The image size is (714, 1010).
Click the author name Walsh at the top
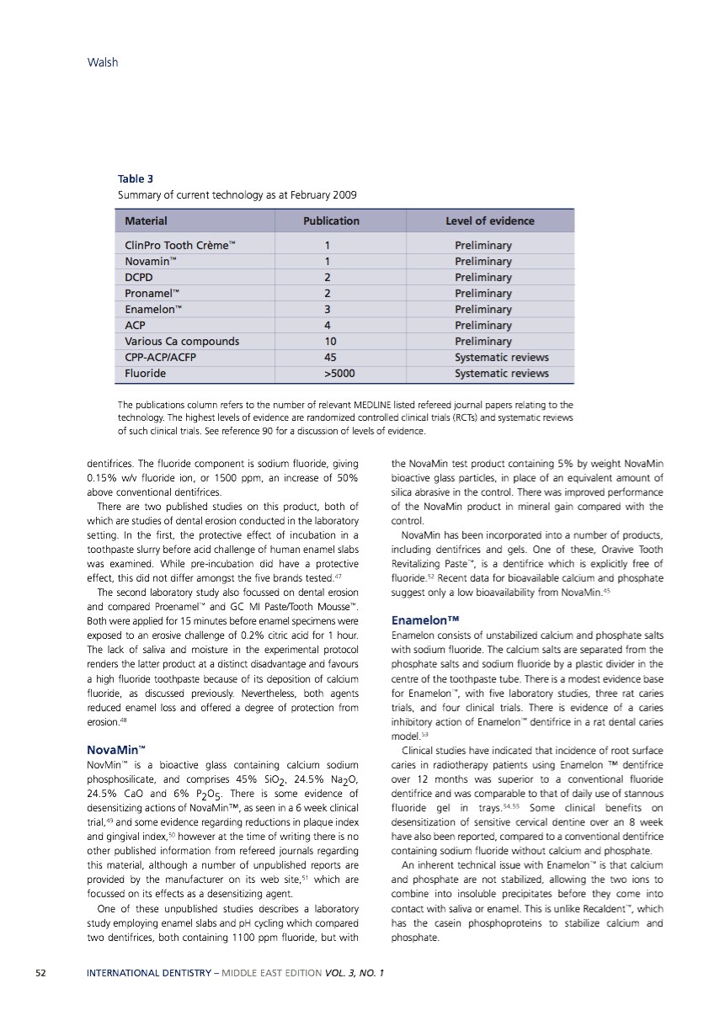(x=103, y=61)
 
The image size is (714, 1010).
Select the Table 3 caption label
(x=136, y=178)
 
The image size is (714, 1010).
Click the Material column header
(x=146, y=221)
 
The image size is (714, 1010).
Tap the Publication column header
(x=331, y=221)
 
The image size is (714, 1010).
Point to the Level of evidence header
(x=489, y=221)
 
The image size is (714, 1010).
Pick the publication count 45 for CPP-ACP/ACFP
(x=326, y=357)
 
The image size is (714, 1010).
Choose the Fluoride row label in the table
(x=145, y=373)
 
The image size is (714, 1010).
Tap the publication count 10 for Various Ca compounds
(x=326, y=341)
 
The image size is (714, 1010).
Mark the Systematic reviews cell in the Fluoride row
(x=501, y=373)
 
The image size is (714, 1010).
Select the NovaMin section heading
(x=116, y=748)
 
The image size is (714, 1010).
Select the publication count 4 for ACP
(x=326, y=325)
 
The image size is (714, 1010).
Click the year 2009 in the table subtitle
(x=344, y=195)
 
